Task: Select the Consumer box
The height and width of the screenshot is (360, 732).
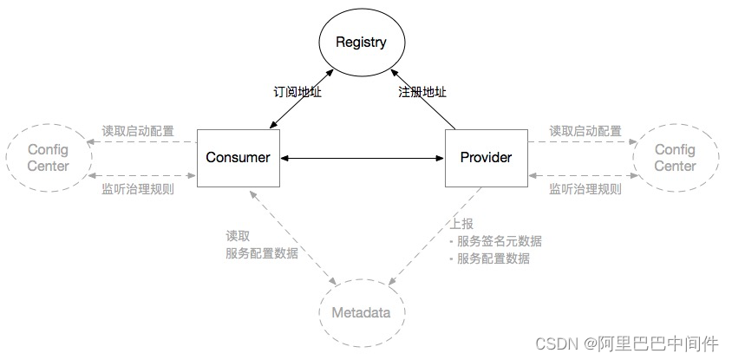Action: [238, 158]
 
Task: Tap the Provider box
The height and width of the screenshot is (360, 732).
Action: [486, 158]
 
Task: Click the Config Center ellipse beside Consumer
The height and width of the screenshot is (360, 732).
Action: [49, 158]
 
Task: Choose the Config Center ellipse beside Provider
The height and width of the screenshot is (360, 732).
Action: [675, 158]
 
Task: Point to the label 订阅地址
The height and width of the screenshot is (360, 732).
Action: [297, 92]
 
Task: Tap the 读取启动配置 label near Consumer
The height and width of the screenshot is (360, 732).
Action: [137, 132]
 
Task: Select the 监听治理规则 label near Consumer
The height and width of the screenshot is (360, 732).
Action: [137, 188]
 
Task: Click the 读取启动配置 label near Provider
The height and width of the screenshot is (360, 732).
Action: [585, 132]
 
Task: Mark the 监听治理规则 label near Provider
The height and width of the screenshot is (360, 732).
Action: [585, 188]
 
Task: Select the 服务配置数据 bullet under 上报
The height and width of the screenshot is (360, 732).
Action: [499, 259]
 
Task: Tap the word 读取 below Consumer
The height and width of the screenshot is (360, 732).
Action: [238, 235]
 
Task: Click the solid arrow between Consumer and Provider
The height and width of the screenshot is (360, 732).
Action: [362, 158]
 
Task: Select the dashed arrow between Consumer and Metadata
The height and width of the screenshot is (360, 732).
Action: [295, 237]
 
